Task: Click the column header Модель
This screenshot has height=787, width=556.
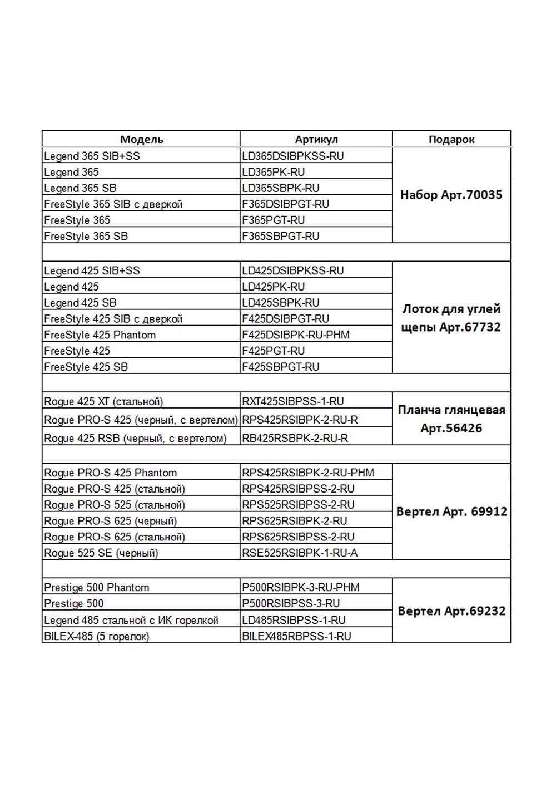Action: coord(141,139)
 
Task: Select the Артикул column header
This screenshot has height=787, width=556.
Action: coord(316,139)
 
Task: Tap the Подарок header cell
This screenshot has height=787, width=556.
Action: coord(451,139)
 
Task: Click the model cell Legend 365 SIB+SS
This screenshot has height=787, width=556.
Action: coord(92,156)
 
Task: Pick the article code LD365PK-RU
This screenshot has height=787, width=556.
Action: coord(274,172)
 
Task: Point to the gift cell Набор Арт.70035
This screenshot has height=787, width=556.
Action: coord(451,195)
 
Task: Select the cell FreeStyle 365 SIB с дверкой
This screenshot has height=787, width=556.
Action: coord(113,204)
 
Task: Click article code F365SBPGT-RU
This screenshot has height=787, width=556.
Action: coord(281,236)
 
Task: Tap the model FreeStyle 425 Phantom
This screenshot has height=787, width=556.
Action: coord(100,335)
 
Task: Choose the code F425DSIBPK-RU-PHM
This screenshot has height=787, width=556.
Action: coord(296,335)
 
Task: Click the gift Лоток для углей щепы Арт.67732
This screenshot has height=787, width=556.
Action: coord(451,318)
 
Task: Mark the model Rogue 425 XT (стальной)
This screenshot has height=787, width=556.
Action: coord(104,401)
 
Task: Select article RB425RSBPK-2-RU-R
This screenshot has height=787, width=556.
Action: coord(295,438)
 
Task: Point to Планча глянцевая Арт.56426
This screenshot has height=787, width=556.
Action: coord(451,419)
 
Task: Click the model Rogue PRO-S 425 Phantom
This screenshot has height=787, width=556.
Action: coord(111,473)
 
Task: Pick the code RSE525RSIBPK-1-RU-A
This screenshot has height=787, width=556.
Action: coord(300,553)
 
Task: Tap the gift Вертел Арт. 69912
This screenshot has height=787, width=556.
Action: coord(451,511)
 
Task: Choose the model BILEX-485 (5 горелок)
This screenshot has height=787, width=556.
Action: coord(97,636)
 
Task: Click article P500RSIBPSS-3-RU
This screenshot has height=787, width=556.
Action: coord(291,603)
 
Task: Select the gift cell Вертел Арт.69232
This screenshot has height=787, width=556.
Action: coord(451,611)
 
